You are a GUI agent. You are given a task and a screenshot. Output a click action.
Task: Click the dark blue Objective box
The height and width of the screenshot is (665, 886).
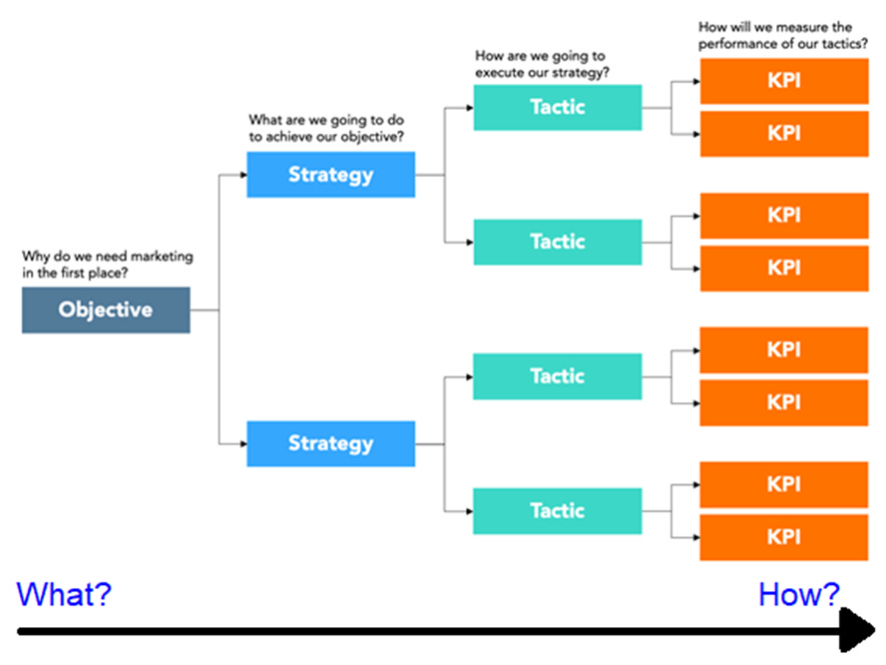click(106, 310)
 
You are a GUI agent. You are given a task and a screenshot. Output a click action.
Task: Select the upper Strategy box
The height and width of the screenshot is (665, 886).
click(330, 175)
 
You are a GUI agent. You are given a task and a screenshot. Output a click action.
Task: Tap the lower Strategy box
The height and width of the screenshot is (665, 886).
click(330, 443)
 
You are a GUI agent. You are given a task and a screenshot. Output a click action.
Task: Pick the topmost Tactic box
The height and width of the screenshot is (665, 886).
click(557, 107)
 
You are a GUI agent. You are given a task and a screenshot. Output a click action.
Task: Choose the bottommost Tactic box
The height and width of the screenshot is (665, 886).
click(557, 510)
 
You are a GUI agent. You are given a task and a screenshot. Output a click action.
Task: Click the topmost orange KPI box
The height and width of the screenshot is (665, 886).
click(783, 81)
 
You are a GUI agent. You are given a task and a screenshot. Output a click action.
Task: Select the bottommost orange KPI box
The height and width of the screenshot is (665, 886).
click(783, 536)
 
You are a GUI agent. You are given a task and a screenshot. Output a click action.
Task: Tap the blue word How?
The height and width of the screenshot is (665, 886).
click(799, 595)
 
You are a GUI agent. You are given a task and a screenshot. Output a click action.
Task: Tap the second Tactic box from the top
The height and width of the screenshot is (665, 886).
click(557, 242)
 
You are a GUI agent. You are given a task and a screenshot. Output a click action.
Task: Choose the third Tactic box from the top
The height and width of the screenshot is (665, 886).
click(557, 376)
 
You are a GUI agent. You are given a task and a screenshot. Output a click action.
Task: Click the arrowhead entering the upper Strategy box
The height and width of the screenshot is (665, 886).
click(242, 175)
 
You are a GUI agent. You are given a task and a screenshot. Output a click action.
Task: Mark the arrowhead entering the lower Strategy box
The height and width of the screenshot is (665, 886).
click(242, 443)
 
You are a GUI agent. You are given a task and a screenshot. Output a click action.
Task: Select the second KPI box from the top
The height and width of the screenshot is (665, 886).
click(783, 133)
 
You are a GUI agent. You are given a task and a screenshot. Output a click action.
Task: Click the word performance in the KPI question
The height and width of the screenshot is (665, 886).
click(741, 44)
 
